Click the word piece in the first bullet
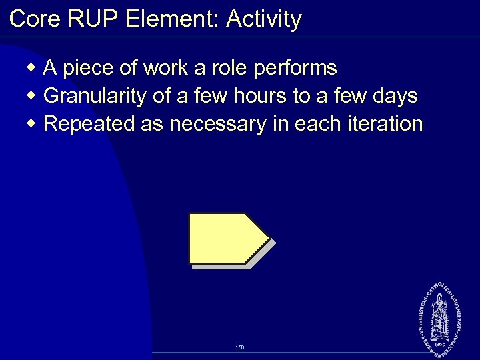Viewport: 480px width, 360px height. point(87,68)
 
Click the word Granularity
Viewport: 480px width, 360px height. point(96,97)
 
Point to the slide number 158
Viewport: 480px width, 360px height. point(240,347)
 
